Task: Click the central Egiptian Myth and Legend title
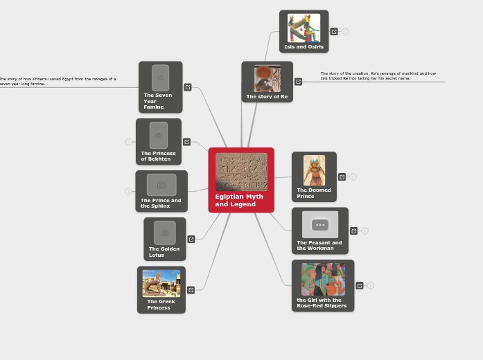coord(239,200)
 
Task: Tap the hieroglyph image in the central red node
coord(241,172)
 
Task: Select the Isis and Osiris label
coord(304,47)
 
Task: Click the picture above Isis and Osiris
coord(304,28)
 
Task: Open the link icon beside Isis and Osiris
coord(334,32)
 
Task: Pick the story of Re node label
coord(267,97)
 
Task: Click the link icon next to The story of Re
coord(299,82)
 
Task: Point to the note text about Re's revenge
coord(378,75)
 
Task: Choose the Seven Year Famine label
coord(157,101)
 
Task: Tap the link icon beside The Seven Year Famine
coord(188,87)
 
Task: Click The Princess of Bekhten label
coord(158,156)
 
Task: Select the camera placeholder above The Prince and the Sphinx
coord(161,185)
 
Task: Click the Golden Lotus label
coord(164,252)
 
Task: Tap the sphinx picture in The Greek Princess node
coord(161,283)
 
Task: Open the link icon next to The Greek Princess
coord(191,290)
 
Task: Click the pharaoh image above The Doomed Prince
coord(314,170)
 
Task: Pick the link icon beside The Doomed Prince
coord(342,177)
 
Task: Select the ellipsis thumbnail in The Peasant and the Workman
coord(320,224)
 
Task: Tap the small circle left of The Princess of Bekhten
coord(128,142)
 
